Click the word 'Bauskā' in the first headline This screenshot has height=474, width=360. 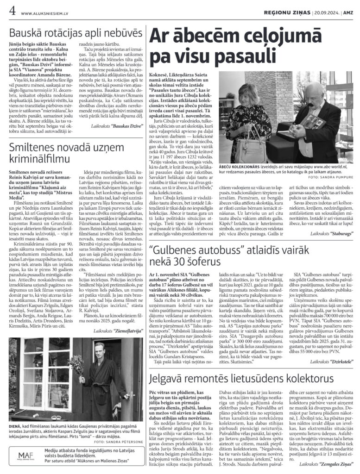click(28, 33)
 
